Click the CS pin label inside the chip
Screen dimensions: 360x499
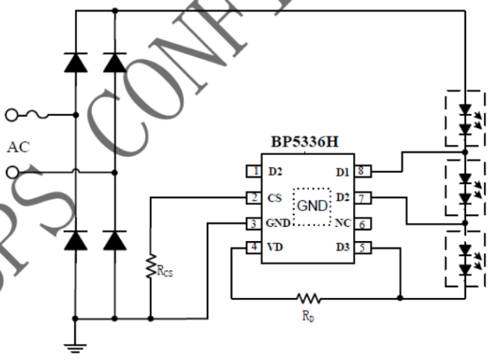tap(274, 198)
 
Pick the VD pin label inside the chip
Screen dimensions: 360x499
tap(275, 248)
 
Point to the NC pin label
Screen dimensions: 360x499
tap(343, 223)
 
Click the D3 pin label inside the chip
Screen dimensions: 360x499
tap(342, 248)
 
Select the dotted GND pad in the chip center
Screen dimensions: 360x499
tap(311, 206)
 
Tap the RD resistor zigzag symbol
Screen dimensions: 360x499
tap(307, 298)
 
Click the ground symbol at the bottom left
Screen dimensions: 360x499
tap(76, 347)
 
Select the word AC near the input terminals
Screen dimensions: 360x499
tap(18, 147)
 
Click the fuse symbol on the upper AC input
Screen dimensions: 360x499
tap(38, 115)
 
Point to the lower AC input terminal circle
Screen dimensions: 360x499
tap(11, 173)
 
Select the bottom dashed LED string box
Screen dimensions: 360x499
tap(465, 259)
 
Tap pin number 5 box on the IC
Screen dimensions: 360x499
tap(361, 248)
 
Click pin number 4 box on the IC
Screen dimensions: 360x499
tap(255, 248)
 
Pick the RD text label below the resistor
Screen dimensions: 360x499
tap(308, 316)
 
